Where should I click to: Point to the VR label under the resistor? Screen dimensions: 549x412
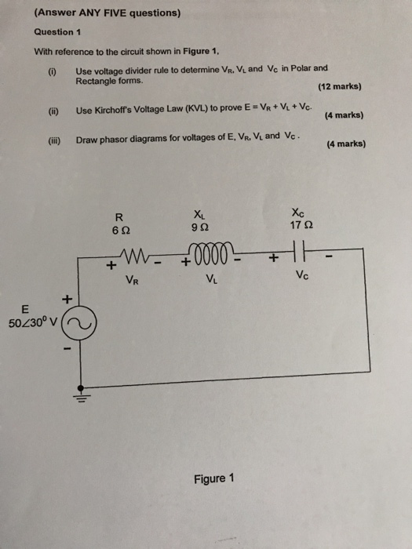point(132,277)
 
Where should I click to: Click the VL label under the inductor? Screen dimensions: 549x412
point(211,277)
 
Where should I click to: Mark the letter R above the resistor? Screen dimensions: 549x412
point(119,215)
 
